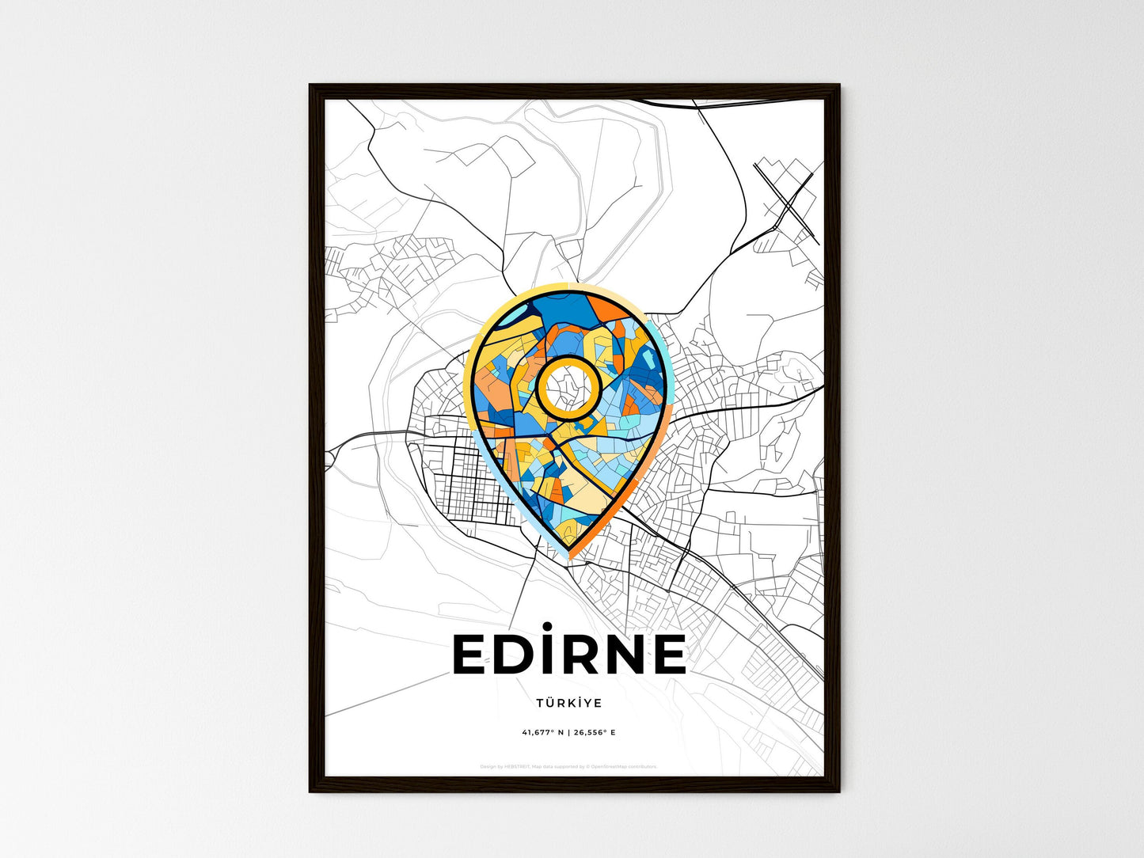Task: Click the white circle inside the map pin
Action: coord(568,387)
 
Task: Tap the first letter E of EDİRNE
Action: coord(469,655)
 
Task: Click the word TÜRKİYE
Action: coord(568,703)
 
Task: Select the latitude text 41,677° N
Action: coord(542,732)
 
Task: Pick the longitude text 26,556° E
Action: coord(595,732)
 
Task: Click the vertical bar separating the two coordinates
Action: coord(569,732)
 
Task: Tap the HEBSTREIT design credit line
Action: coord(568,766)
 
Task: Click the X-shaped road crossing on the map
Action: coord(786,199)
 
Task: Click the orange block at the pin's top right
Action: coord(610,309)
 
